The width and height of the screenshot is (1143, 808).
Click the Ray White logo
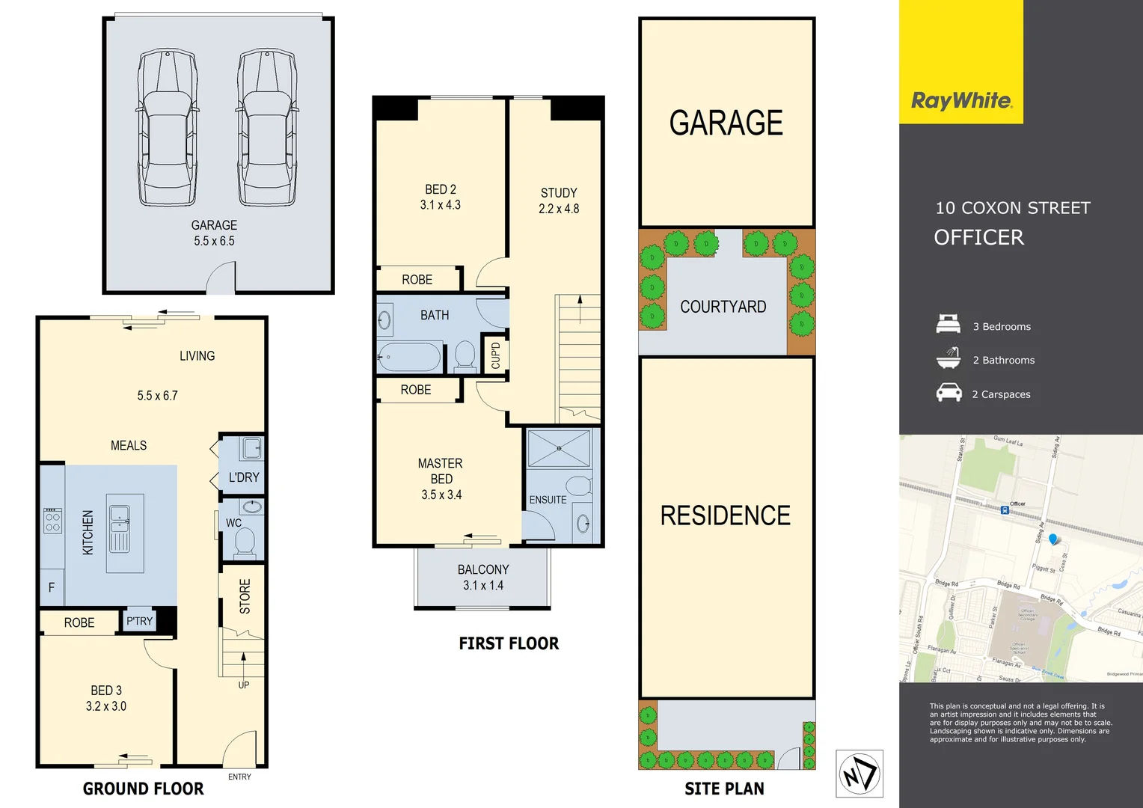coord(961,101)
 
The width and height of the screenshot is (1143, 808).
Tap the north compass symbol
coord(859,774)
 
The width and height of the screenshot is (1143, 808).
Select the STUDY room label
coord(559,193)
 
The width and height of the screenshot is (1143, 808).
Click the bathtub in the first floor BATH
coord(409,357)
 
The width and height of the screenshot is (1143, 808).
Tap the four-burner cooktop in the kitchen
coord(52,521)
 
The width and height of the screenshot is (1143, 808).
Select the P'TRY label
coord(139,621)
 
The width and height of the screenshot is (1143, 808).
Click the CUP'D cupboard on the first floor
coord(496,355)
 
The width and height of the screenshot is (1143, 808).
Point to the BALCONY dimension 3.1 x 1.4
coord(483,586)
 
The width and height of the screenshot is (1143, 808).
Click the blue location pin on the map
coord(1054,539)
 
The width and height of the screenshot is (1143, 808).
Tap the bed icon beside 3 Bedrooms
coord(949,325)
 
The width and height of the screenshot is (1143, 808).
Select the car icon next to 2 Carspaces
coord(949,393)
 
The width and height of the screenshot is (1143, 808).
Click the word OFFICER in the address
coord(978,238)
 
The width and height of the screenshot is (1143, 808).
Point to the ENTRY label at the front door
coord(239,777)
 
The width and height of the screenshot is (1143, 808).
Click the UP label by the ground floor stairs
coord(244,685)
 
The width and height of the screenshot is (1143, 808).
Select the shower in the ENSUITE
coord(560,448)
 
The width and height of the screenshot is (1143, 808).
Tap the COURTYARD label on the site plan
coord(723,307)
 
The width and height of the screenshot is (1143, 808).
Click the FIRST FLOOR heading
coord(509,643)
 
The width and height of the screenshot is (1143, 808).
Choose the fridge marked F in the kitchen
coord(52,588)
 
